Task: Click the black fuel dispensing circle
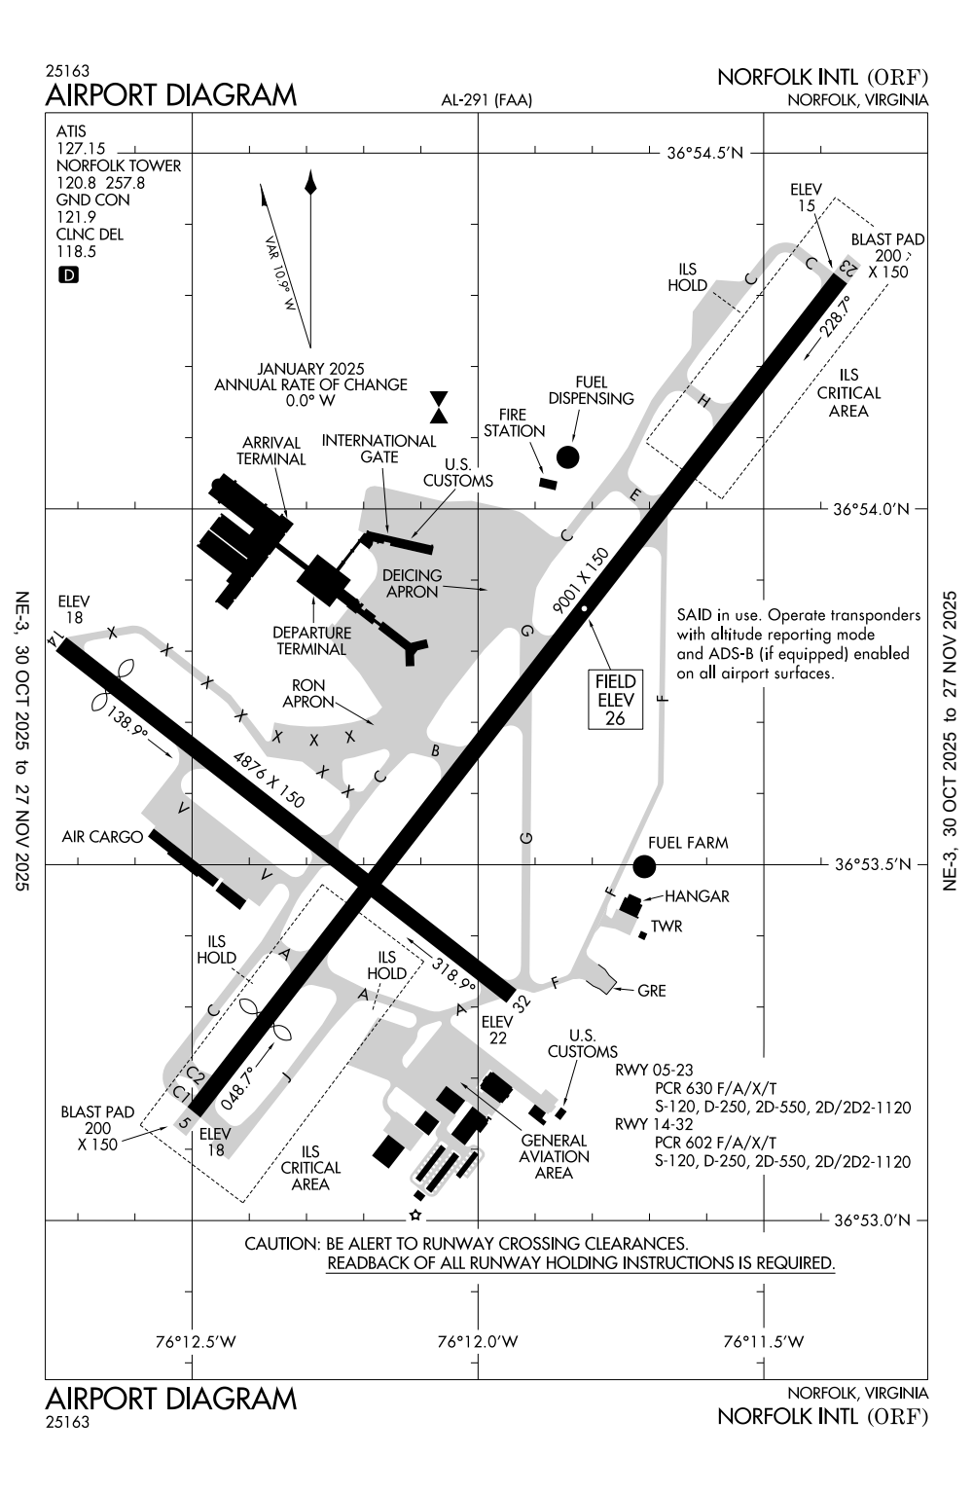point(567,456)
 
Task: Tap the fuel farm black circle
point(643,865)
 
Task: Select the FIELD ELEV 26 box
point(615,700)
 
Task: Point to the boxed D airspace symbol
point(68,275)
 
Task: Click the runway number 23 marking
point(848,267)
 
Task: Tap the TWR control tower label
point(667,927)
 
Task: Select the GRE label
point(651,991)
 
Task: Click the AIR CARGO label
point(102,836)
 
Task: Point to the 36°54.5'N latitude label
point(705,153)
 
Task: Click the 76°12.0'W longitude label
point(478,1342)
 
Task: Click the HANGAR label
point(697,896)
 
